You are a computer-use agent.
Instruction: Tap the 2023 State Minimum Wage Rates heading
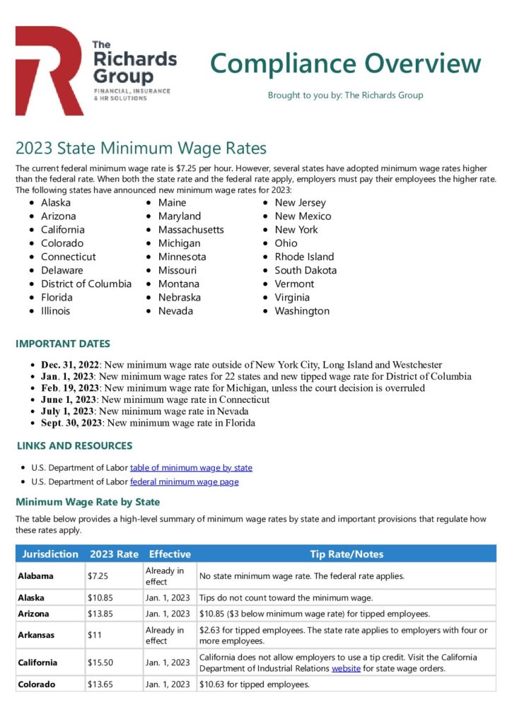(141, 148)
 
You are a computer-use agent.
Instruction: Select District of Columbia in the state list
(86, 284)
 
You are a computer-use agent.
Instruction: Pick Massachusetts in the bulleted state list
(191, 230)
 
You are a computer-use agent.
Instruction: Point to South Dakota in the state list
(306, 270)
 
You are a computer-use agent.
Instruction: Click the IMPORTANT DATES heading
(63, 344)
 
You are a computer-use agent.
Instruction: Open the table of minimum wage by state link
(191, 467)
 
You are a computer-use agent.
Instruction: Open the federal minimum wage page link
(184, 481)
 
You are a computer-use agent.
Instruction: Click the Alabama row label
(36, 576)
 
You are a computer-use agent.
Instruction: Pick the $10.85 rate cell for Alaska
(100, 598)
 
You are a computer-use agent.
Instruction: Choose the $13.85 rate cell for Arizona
(100, 613)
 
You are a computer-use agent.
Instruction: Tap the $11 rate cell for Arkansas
(94, 635)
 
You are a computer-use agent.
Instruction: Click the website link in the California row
(347, 668)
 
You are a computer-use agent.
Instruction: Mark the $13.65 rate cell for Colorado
(100, 684)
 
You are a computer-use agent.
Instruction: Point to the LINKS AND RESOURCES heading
(74, 446)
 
